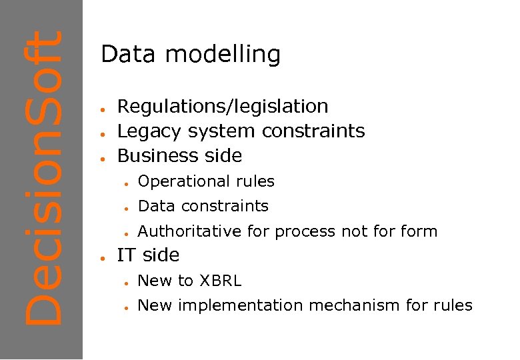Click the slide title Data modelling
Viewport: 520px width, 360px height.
coord(191,55)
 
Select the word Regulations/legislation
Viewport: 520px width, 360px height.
coord(223,107)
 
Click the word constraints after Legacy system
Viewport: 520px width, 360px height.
coord(313,131)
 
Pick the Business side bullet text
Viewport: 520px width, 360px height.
coord(179,156)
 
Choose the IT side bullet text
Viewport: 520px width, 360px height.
coord(148,255)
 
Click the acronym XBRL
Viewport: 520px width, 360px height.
coord(220,281)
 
